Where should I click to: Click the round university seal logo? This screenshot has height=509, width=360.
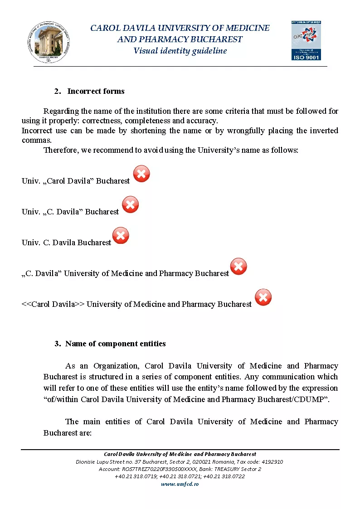click(49, 41)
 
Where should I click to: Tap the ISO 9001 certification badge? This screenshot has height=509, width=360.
click(306, 40)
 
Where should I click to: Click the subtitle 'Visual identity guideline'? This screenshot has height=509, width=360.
click(180, 51)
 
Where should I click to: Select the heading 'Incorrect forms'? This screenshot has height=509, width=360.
click(96, 91)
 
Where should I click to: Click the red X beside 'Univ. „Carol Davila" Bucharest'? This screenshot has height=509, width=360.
click(141, 174)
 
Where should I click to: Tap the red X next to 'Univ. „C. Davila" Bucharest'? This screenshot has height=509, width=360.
click(131, 205)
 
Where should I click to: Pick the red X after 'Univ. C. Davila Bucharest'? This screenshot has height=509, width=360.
click(121, 235)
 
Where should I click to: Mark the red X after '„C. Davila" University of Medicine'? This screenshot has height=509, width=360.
click(238, 266)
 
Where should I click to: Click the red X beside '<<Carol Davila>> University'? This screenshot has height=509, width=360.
click(263, 297)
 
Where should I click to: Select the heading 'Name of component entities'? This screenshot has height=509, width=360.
click(115, 344)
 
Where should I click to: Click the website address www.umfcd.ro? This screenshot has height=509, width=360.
click(180, 484)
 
